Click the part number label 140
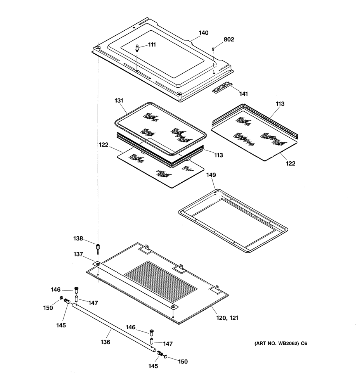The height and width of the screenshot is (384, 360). click(x=203, y=33)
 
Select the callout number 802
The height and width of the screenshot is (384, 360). click(x=229, y=40)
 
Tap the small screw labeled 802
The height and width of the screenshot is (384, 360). click(x=213, y=49)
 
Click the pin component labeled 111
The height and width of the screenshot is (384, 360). click(x=137, y=48)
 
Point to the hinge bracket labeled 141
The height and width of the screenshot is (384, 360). click(x=222, y=87)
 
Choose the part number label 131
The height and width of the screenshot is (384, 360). click(x=119, y=100)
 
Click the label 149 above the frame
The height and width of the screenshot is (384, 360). click(x=211, y=175)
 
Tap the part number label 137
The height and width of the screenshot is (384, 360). click(x=78, y=254)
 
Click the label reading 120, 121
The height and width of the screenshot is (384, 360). click(x=227, y=318)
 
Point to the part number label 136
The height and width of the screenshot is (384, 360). click(x=105, y=342)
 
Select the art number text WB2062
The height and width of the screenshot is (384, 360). click(x=288, y=343)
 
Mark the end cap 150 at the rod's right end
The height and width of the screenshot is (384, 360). click(x=166, y=356)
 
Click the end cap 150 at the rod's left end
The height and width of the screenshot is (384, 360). click(x=61, y=298)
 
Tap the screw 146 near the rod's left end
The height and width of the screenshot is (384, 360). click(x=76, y=291)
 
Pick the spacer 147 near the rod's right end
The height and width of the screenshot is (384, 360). click(x=152, y=341)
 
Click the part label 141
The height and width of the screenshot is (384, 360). click(x=244, y=94)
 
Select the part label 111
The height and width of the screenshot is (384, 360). click(x=152, y=45)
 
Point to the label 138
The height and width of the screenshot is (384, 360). click(x=78, y=239)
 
